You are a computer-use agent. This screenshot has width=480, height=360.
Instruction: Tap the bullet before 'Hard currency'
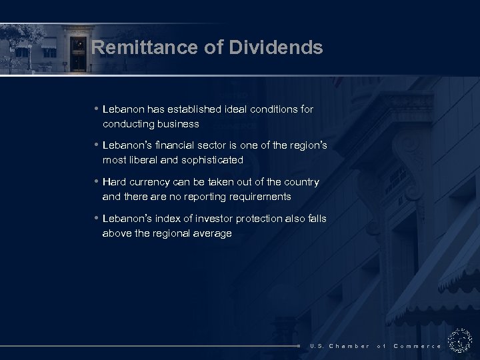(x=97, y=182)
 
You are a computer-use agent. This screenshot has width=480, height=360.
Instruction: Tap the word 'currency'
(x=151, y=182)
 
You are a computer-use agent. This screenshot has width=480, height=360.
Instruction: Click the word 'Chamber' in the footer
(x=349, y=346)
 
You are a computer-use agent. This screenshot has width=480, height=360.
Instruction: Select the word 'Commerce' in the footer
(x=417, y=346)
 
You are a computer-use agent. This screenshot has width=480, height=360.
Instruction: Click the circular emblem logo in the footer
(x=460, y=340)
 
